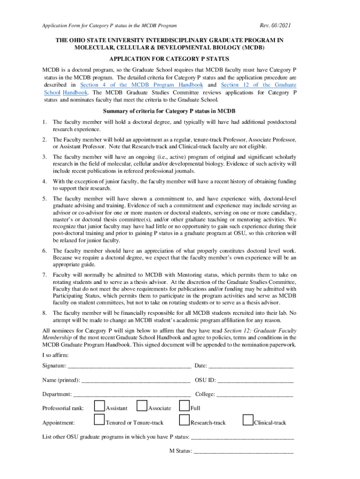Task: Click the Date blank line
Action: [251, 365]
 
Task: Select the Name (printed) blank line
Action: [136, 380]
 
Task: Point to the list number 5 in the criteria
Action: [44, 199]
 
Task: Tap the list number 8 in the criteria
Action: [44, 312]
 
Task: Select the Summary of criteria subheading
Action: [169, 111]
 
